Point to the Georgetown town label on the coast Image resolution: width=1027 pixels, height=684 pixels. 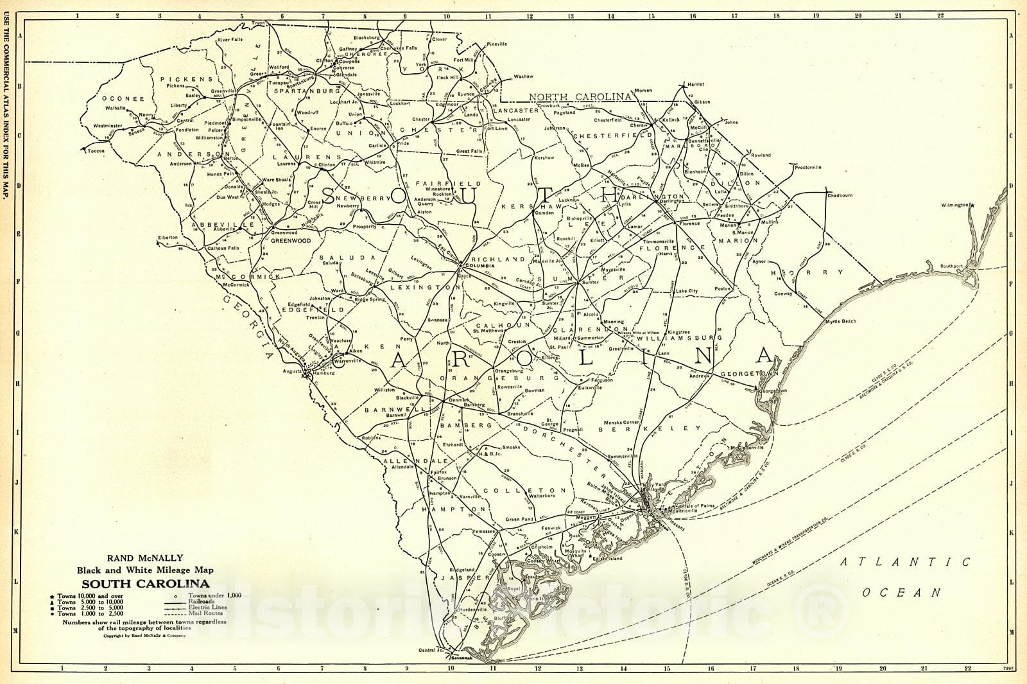pos(772,390)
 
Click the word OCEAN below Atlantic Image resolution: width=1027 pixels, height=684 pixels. pos(901,593)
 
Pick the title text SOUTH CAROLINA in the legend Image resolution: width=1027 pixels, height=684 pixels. pos(144,584)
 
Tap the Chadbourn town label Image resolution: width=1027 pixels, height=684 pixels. pos(840,195)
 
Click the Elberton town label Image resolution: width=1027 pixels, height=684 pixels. pos(168,237)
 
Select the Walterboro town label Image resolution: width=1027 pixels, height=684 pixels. pos(541,495)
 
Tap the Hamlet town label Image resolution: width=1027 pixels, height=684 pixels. pos(695,84)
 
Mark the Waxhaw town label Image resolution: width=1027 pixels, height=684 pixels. pos(523,76)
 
